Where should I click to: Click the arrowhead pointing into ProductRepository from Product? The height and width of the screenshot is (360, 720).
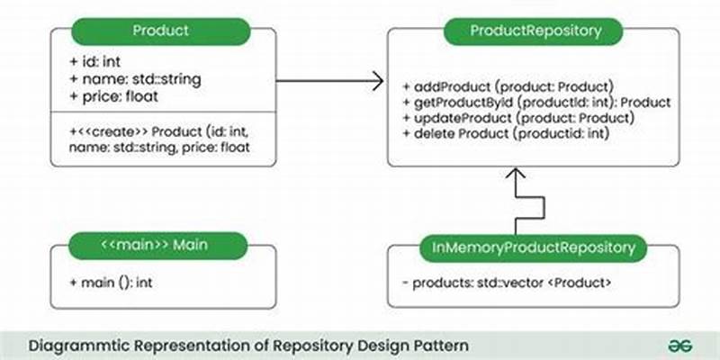[376, 82]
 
